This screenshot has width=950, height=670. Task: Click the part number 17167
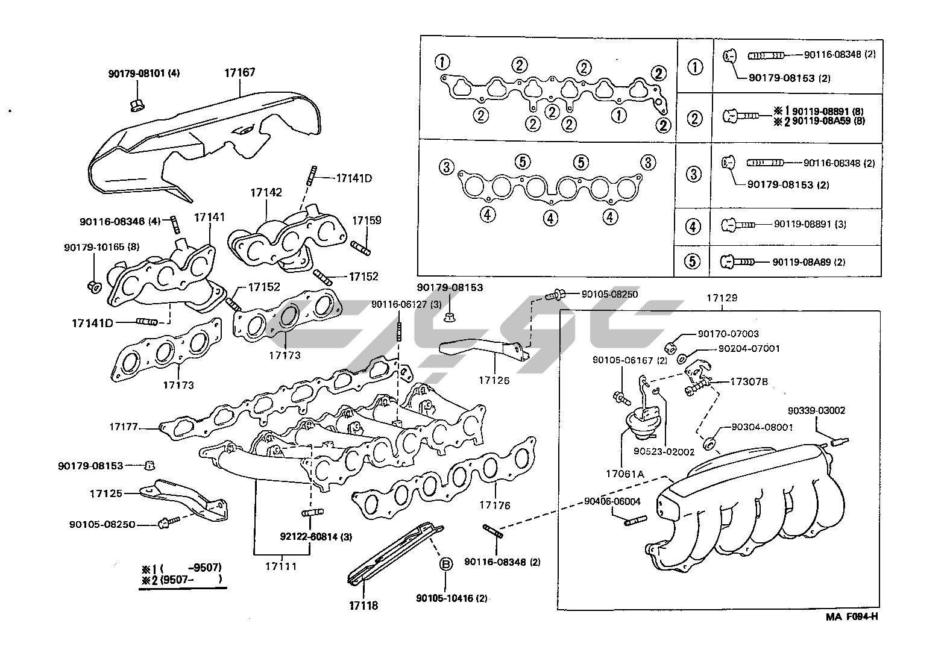pyautogui.click(x=239, y=73)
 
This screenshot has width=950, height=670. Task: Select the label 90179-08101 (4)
pyautogui.click(x=144, y=74)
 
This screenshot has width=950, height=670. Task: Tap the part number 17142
pyautogui.click(x=266, y=193)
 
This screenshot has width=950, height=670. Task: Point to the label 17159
pyautogui.click(x=366, y=221)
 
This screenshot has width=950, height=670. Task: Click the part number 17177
pyautogui.click(x=124, y=427)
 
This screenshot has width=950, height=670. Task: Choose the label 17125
pyautogui.click(x=106, y=493)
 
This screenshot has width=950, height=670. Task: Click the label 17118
pyautogui.click(x=363, y=605)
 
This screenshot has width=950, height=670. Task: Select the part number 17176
pyautogui.click(x=495, y=505)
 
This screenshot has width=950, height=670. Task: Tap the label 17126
pyautogui.click(x=494, y=380)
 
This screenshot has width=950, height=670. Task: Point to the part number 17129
pyautogui.click(x=722, y=298)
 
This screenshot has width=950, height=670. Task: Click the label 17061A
pyautogui.click(x=626, y=474)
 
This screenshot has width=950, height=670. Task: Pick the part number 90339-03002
pyautogui.click(x=816, y=411)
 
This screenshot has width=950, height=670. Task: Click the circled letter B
pyautogui.click(x=445, y=564)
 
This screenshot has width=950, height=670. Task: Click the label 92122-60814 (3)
pyautogui.click(x=316, y=536)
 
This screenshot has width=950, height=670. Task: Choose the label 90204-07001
pyautogui.click(x=749, y=348)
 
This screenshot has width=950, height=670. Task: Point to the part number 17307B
pyautogui.click(x=749, y=381)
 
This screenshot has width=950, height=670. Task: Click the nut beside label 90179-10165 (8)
pyautogui.click(x=94, y=286)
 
